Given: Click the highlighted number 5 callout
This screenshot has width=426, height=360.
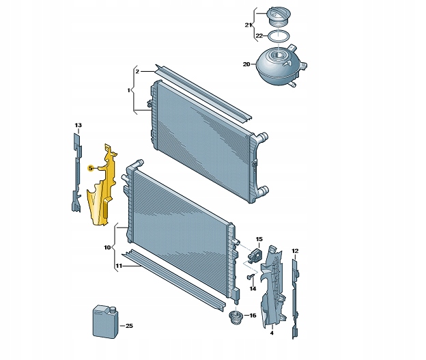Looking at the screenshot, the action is pos(91,168).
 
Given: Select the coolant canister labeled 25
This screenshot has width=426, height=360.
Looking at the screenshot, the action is pos(106,322).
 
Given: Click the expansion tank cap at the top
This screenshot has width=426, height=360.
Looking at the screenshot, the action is pos(279,16).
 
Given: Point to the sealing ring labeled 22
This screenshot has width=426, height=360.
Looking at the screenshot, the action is pos(279,36).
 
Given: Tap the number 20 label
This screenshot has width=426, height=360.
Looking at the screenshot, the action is pos(246,64).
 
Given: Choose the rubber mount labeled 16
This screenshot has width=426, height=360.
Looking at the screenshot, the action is pos(236,317).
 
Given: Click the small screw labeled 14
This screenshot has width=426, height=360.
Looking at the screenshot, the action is pos(251,277).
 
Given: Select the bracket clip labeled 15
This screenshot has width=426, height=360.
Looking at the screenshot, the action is pos(254,255).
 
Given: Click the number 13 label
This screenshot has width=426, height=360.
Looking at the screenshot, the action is pos(78,125).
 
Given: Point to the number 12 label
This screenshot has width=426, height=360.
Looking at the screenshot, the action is pos(295,251).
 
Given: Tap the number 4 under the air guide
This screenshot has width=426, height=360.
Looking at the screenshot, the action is pos(272,333).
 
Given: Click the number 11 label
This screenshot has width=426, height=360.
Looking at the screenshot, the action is pos(119,266).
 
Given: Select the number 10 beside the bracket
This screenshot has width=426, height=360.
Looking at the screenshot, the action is pos(107,247).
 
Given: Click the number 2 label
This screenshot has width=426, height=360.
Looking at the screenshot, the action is pos(137,72).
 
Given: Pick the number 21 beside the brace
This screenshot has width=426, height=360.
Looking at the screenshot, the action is pos(248,25).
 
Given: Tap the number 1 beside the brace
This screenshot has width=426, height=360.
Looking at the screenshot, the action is pos(129,90).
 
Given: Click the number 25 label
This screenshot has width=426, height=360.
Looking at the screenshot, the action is pos(129,325).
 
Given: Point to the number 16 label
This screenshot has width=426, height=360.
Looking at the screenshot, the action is pos(253,316).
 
